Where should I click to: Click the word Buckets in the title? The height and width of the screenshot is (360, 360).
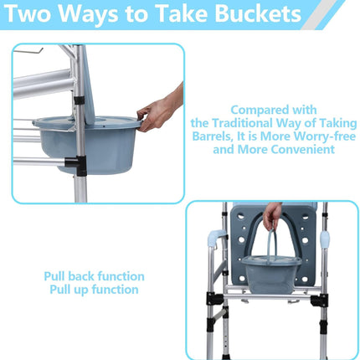tap(258, 13)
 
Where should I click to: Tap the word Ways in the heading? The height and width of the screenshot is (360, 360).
tap(89, 13)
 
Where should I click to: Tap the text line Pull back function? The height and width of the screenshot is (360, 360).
tap(94, 276)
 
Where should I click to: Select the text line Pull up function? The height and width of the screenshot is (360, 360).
tap(94, 290)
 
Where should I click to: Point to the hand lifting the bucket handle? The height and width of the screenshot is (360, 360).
tap(271, 214)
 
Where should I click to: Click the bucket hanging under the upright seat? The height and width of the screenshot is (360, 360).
tap(271, 274)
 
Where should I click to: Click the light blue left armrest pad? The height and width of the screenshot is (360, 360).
tap(217, 238)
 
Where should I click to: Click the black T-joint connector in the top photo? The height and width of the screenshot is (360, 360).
tap(76, 165)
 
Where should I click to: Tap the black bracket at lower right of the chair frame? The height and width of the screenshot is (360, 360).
tap(320, 301)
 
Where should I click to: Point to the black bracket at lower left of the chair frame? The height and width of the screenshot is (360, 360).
tap(214, 299)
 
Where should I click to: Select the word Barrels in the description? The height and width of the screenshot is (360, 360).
tap(212, 136)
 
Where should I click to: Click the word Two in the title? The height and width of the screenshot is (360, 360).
tap(28, 13)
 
